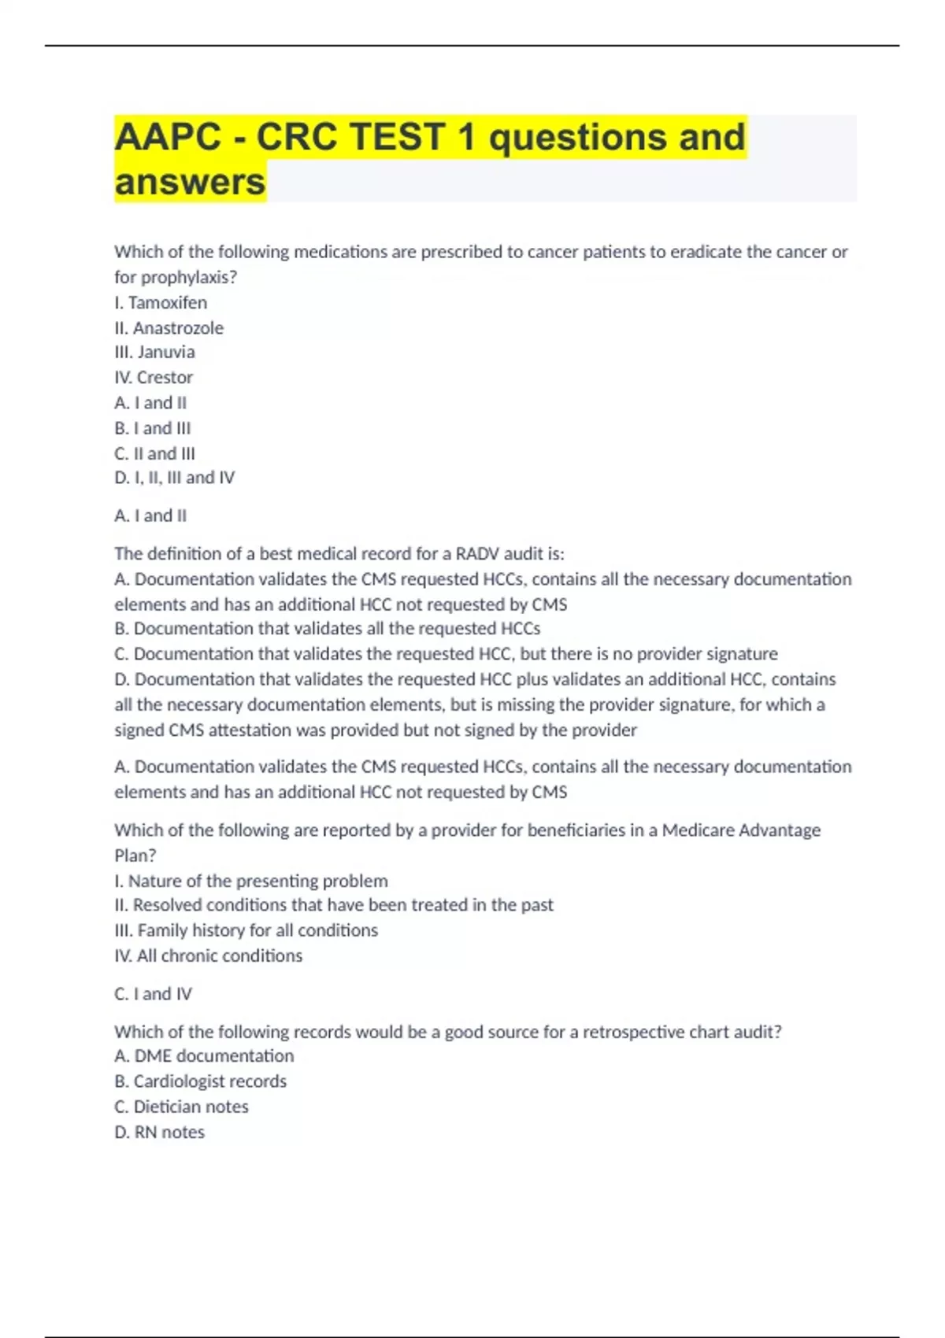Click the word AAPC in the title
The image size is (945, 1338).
click(168, 137)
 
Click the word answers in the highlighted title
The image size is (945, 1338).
click(190, 182)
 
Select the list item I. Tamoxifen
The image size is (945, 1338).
click(161, 302)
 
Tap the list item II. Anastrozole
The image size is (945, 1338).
click(169, 327)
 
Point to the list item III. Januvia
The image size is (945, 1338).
click(154, 352)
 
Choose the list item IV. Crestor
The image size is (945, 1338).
click(154, 377)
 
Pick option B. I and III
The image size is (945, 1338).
click(153, 428)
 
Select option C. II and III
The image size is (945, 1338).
click(154, 453)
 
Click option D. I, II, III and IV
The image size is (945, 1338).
click(174, 478)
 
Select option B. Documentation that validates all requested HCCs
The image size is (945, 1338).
click(327, 629)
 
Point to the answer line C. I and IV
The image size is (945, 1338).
click(153, 994)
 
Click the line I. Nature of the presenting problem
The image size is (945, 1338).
click(250, 881)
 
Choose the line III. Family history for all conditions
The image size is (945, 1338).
click(246, 930)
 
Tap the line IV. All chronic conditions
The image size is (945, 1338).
click(208, 955)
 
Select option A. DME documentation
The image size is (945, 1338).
click(204, 1056)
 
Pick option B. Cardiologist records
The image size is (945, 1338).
click(200, 1081)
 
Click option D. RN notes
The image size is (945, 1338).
click(159, 1132)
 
